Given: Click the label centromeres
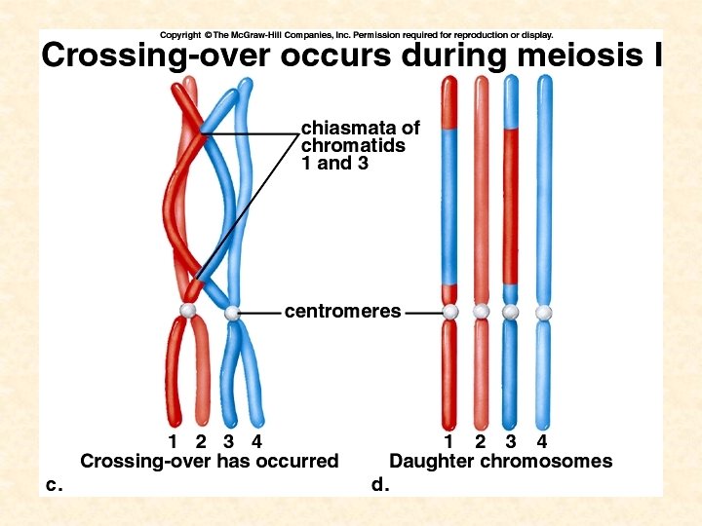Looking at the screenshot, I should click(x=342, y=312).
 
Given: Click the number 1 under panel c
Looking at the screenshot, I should click(x=174, y=443).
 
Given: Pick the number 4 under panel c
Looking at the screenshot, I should click(x=256, y=443).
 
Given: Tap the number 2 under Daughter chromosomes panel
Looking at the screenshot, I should click(x=480, y=443).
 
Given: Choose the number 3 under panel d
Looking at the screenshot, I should click(x=511, y=443).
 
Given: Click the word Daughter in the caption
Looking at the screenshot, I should click(x=431, y=462).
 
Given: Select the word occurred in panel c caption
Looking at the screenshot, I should click(x=296, y=462).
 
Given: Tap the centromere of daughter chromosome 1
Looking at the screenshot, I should click(x=449, y=312).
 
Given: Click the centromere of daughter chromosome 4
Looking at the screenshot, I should click(x=544, y=312).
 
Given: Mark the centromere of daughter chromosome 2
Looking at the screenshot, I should click(x=481, y=312).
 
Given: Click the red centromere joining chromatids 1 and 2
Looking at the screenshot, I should click(x=188, y=311).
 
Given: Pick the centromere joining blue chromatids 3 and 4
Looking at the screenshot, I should click(x=232, y=314).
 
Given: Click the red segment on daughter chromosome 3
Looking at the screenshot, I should click(x=511, y=205).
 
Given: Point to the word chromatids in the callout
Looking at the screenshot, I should click(x=353, y=146).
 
